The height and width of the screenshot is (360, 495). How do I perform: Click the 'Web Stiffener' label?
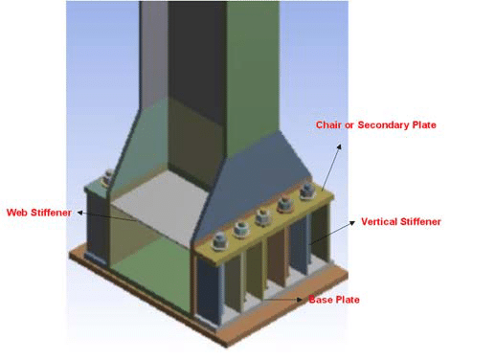pyautogui.click(x=39, y=213)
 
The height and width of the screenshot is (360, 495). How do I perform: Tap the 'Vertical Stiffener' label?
pyautogui.click(x=401, y=222)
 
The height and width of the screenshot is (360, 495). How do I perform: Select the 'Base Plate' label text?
pyautogui.click(x=334, y=300)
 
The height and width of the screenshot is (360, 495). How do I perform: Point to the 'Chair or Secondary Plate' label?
pyautogui.click(x=376, y=124)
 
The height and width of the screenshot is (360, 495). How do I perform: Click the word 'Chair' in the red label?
pyautogui.click(x=328, y=124)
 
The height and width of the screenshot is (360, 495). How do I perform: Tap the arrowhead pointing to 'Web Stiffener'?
pyautogui.click(x=80, y=213)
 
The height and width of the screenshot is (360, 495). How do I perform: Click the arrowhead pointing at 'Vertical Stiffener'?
pyautogui.click(x=352, y=222)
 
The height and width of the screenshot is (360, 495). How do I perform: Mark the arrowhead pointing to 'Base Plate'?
pyautogui.click(x=300, y=300)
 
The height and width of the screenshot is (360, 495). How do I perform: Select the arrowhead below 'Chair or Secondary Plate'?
pyautogui.click(x=339, y=146)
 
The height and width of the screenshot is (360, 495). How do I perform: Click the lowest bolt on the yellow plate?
pyautogui.click(x=219, y=241)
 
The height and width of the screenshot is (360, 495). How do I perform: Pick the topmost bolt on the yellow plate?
pyautogui.click(x=307, y=191)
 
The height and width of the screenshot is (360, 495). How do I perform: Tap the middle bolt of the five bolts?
pyautogui.click(x=263, y=217)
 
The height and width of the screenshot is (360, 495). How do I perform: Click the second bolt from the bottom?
pyautogui.click(x=241, y=229)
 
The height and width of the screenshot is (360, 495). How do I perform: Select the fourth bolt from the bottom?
pyautogui.click(x=284, y=204)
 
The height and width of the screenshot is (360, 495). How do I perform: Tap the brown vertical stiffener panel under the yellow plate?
pyautogui.click(x=277, y=257)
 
